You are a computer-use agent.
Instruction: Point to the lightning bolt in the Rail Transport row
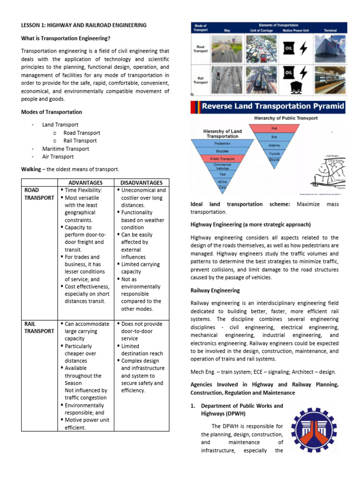[x=303, y=73]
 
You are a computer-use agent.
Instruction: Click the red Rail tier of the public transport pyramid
[x=274, y=127]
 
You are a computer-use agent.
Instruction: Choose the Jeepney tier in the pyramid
[x=274, y=145]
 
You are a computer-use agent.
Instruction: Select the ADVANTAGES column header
[x=85, y=182]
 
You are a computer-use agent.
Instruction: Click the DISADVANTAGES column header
[x=141, y=182]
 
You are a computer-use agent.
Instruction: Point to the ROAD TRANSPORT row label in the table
[x=39, y=194]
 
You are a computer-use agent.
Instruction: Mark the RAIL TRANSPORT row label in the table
[x=39, y=327]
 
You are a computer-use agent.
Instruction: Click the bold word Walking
[x=31, y=169]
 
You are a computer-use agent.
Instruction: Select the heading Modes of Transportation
[x=52, y=112]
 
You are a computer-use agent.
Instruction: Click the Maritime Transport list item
[x=66, y=149]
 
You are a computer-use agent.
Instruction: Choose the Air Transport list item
[x=58, y=157]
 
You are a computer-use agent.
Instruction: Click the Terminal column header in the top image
[x=330, y=30]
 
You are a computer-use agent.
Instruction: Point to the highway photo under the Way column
[x=228, y=48]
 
